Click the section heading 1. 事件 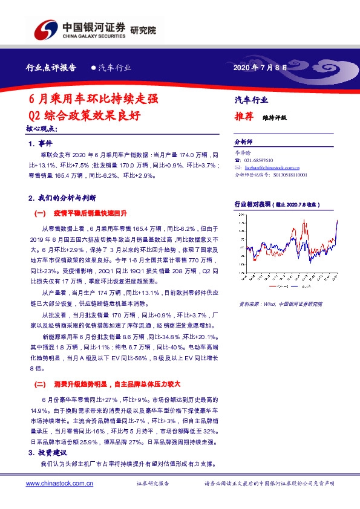pyautogui.click(x=41, y=144)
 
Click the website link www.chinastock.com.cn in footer pyautogui.click(x=59, y=484)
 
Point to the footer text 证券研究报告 pyautogui.click(x=152, y=484)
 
